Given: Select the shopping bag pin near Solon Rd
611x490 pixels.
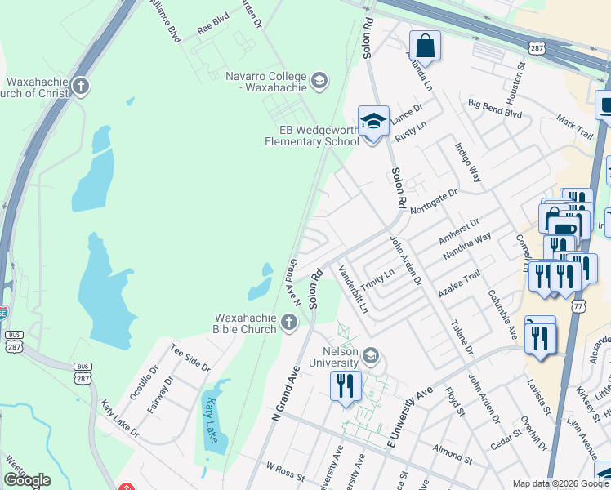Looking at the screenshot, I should [x=425, y=46].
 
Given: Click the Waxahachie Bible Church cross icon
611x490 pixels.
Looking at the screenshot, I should [x=288, y=323].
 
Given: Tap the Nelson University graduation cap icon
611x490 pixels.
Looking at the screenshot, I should [x=371, y=354].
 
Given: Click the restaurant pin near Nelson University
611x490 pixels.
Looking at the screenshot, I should [x=346, y=385].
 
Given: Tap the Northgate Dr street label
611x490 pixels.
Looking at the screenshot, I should [x=434, y=201].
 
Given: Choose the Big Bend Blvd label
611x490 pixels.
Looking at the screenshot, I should [x=494, y=109].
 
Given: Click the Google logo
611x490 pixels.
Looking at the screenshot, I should [x=27, y=480].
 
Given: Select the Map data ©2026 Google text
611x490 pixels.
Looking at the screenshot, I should [x=560, y=483].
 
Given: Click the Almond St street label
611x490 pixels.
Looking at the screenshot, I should [x=450, y=451].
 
